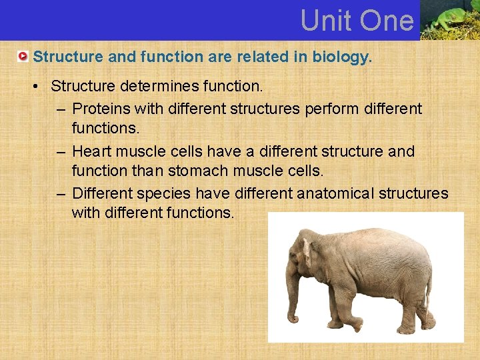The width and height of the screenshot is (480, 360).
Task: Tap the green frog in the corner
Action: [x=451, y=19]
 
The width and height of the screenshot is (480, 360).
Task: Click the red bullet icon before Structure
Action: [x=23, y=57]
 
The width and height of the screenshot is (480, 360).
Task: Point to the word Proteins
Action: [x=99, y=108]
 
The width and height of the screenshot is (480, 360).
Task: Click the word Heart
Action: [x=92, y=151]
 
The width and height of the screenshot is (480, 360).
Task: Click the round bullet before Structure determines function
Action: [x=41, y=87]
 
